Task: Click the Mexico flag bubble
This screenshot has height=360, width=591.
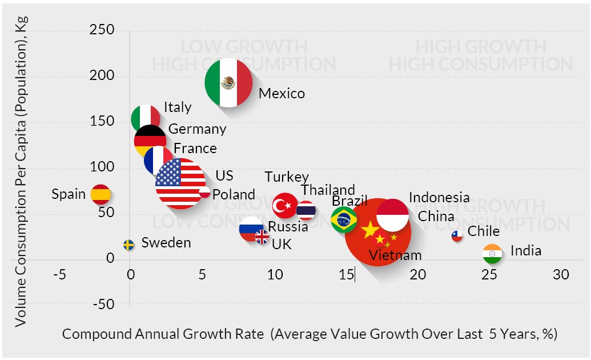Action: (x=229, y=82)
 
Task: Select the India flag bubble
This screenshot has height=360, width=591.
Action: (x=492, y=254)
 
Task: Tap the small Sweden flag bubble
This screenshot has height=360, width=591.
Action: (x=130, y=245)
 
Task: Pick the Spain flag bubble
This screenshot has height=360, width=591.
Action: (x=101, y=195)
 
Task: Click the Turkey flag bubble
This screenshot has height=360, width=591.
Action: (x=284, y=205)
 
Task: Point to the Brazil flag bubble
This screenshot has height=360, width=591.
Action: (x=344, y=219)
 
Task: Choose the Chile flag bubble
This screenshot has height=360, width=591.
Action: (x=457, y=236)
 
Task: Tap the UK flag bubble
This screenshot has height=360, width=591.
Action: (x=262, y=237)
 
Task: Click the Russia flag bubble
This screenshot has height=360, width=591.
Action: (x=251, y=229)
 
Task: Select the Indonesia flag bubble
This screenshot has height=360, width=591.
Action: (x=393, y=215)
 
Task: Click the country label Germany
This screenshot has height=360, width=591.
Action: (x=197, y=129)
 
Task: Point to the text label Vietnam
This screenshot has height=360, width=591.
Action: (x=395, y=255)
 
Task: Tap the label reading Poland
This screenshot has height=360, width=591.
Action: (x=234, y=194)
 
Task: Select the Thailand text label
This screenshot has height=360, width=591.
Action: (x=328, y=190)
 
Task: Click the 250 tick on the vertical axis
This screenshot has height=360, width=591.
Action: (x=103, y=30)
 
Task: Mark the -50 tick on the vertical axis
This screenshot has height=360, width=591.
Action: (x=103, y=305)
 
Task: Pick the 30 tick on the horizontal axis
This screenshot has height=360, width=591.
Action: (x=561, y=275)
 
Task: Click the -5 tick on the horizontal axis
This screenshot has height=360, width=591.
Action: (x=59, y=275)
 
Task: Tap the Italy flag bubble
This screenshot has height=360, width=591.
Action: (x=144, y=118)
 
